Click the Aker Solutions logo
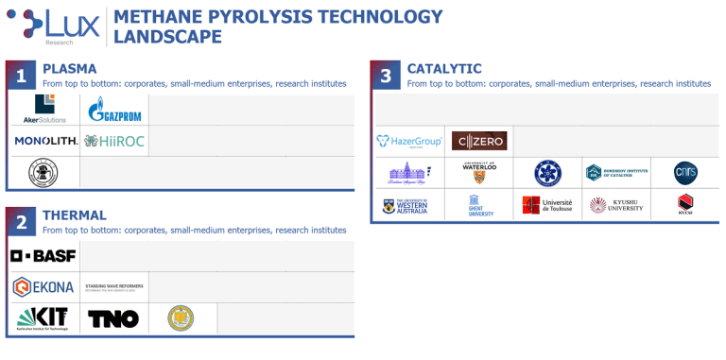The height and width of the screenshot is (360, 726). (43, 111)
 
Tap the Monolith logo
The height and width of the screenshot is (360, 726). (43, 142)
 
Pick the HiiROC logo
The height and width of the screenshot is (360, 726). (114, 142)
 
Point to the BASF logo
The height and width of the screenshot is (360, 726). (43, 256)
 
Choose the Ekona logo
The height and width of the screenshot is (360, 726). (43, 287)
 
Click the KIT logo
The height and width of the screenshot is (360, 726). (43, 318)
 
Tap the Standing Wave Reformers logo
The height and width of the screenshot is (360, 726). (113, 287)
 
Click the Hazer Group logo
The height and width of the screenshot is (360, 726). (409, 142)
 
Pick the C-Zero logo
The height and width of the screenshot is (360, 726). (479, 142)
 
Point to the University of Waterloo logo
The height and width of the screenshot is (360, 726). (479, 172)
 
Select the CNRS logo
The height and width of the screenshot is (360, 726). (685, 172)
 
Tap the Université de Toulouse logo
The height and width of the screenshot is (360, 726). (547, 205)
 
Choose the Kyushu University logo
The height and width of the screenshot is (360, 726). (616, 205)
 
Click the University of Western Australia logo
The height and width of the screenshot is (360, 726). (409, 205)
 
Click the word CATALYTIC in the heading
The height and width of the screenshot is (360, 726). (444, 69)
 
